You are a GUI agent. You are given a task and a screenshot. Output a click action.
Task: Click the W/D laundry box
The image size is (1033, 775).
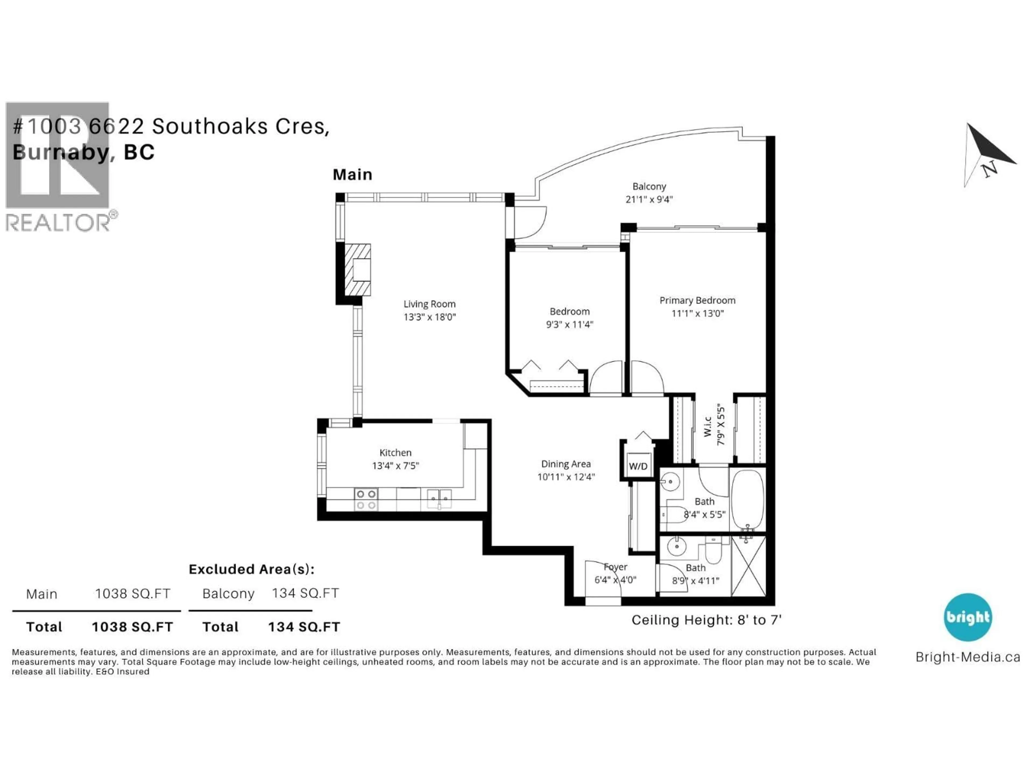pos(638,466)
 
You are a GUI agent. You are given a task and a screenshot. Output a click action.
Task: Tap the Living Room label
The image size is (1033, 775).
pos(429,304)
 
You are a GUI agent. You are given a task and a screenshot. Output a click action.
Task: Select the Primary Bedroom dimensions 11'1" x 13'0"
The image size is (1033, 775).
pos(697,313)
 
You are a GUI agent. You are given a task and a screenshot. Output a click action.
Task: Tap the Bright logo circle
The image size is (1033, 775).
pos(968,617)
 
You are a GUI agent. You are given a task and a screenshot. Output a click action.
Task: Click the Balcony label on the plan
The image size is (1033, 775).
pos(649,186)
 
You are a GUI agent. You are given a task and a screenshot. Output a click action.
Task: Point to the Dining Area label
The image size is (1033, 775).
pos(565,464)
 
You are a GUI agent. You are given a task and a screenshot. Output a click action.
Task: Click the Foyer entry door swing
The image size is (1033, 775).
pos(602,579)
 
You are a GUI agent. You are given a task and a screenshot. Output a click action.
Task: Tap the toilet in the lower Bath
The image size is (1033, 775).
pos(713,551)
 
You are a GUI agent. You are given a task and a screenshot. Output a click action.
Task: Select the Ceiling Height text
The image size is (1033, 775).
pos(706,620)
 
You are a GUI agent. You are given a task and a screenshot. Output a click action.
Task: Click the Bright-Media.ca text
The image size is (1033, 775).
pos(968,657)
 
